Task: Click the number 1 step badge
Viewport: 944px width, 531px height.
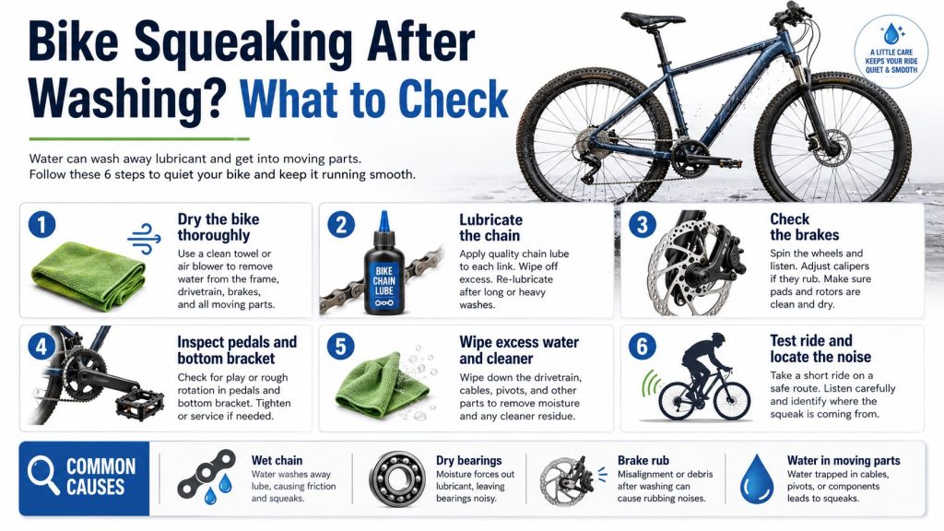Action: [x=41, y=225]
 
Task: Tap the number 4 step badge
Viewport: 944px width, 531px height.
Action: [x=41, y=347]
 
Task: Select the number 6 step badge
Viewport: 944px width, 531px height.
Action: [x=643, y=347]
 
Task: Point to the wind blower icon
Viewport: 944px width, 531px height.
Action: [x=145, y=239]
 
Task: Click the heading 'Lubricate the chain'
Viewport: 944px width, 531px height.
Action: [x=490, y=228]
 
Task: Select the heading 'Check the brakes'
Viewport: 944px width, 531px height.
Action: [x=804, y=227]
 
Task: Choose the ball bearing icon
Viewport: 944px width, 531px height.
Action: [x=396, y=479]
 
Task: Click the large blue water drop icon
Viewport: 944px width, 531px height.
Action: [x=756, y=479]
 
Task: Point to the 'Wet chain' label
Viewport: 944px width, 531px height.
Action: [x=277, y=461]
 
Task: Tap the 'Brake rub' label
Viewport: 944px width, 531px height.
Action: [x=643, y=461]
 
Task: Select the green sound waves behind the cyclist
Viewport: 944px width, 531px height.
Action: [x=650, y=385]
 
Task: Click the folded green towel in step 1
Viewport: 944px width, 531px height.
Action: [x=88, y=276]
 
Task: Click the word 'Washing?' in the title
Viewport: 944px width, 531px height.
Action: [x=127, y=99]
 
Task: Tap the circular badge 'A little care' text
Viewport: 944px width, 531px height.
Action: [x=891, y=61]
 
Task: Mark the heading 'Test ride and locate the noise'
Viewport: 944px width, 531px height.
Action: [x=820, y=348]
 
